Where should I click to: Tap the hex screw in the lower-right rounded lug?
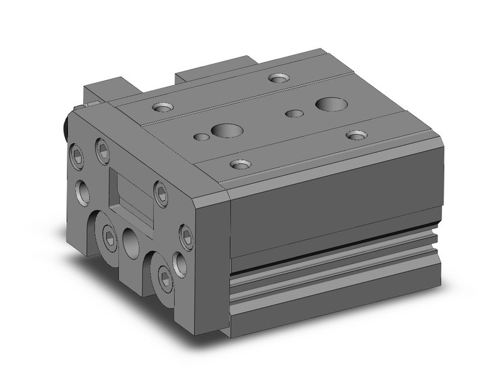(x=165, y=277)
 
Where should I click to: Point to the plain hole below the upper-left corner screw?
(x=83, y=192)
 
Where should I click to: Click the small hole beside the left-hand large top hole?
(x=201, y=136)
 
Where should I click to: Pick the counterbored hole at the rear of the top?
(x=277, y=78)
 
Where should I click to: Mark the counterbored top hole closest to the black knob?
(x=163, y=108)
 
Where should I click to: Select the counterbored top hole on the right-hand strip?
(x=357, y=134)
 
